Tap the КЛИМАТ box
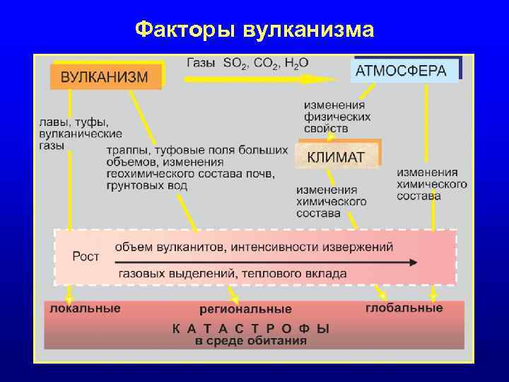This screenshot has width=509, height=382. pos(337,156)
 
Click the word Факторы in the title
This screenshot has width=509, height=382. pos(185,30)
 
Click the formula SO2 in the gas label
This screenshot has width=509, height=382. pos(236,63)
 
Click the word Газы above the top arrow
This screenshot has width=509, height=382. pos(201,62)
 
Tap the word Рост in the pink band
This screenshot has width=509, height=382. pos(86,257)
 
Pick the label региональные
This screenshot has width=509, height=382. pos(245,309)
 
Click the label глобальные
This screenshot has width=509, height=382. pos(404,308)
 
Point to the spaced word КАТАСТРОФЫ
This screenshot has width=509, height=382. pos(252,328)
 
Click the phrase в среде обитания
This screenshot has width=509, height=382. pos(252,340)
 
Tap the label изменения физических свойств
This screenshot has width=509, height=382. pos(336,117)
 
